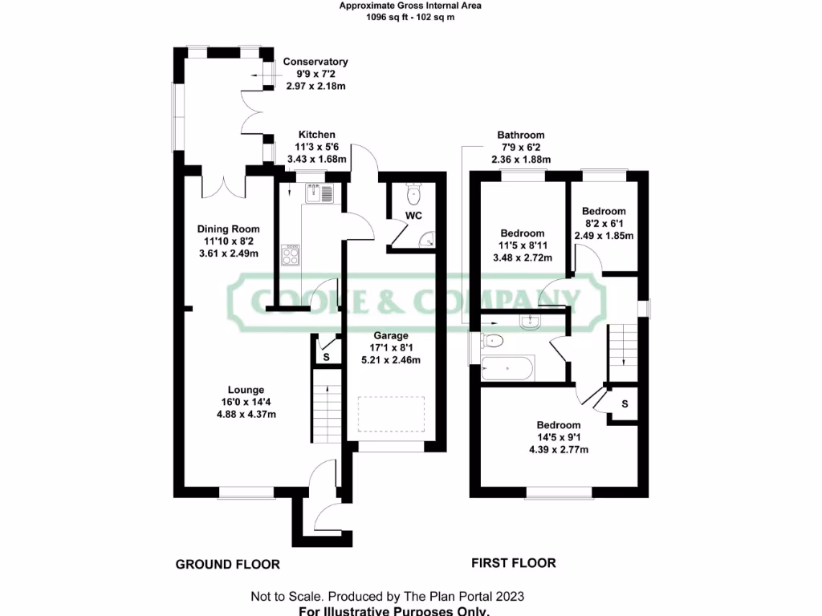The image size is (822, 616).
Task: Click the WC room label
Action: [x=413, y=217]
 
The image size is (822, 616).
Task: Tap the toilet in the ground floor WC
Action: [x=413, y=193]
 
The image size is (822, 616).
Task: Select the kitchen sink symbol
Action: [x=318, y=192]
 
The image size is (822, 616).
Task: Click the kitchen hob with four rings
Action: [x=290, y=255]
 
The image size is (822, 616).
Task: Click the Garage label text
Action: [x=391, y=335]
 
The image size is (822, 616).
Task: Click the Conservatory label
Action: [x=315, y=62]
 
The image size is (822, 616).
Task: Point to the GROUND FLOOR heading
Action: [x=228, y=565]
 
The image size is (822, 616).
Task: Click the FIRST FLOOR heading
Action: [x=514, y=563]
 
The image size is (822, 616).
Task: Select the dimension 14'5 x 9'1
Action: [x=559, y=437]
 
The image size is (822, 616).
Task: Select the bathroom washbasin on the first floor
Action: [x=531, y=322]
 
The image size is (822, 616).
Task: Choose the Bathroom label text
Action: [x=520, y=136]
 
